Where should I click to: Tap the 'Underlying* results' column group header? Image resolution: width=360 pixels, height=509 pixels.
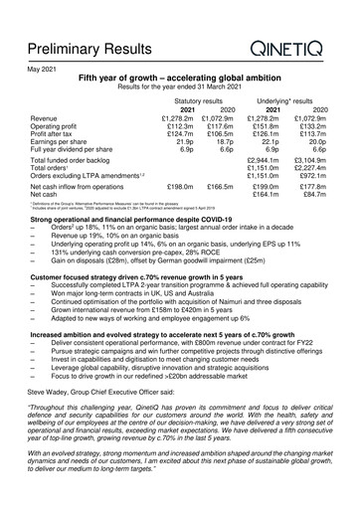click(296, 100)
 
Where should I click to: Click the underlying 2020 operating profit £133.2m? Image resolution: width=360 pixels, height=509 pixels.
click(316, 126)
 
